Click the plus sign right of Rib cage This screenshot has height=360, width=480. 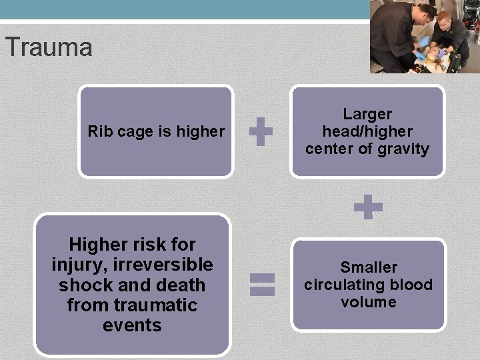point(261,132)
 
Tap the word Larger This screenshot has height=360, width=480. point(367,115)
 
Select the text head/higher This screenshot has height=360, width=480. point(367,131)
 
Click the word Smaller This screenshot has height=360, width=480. point(369,267)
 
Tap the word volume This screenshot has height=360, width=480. point(369,302)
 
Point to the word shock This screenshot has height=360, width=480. point(83,285)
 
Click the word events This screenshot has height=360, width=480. point(133,325)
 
